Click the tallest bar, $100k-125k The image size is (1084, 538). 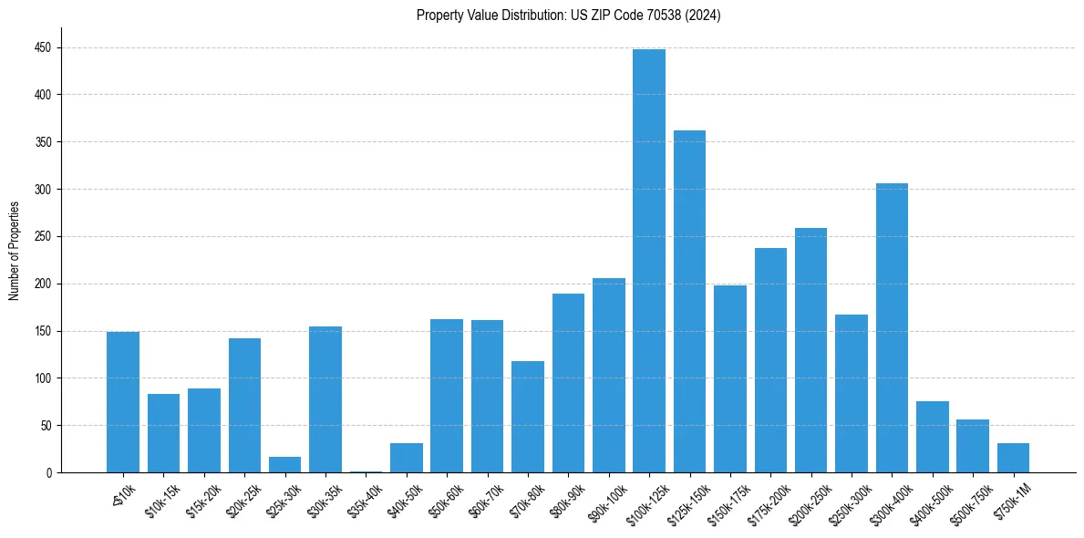coord(649,261)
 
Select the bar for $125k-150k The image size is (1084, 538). coord(689,302)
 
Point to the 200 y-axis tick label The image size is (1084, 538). coord(44,284)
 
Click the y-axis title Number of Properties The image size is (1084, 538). coord(14,251)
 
